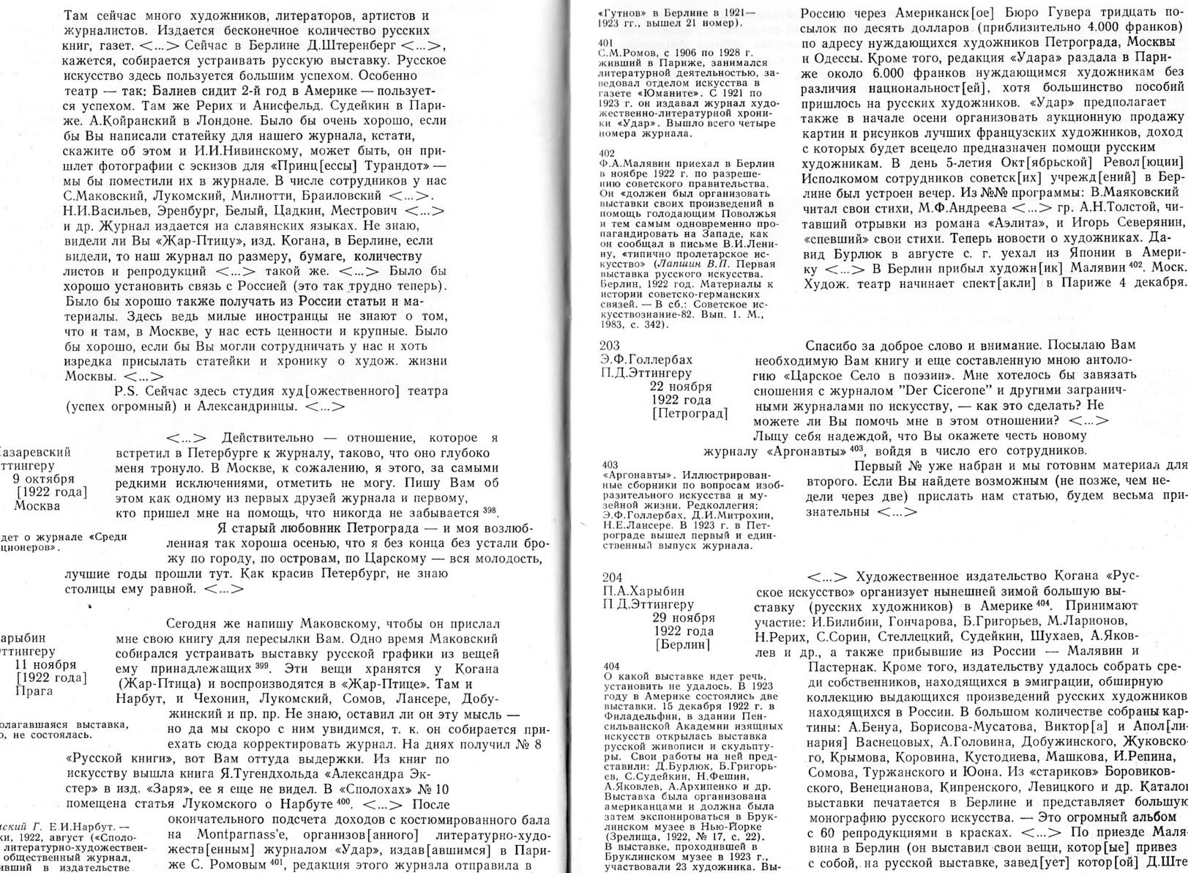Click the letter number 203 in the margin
point(609,346)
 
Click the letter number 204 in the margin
point(610,577)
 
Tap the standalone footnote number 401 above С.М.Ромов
point(606,43)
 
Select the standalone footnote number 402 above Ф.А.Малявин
point(606,152)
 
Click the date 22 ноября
point(681,387)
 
